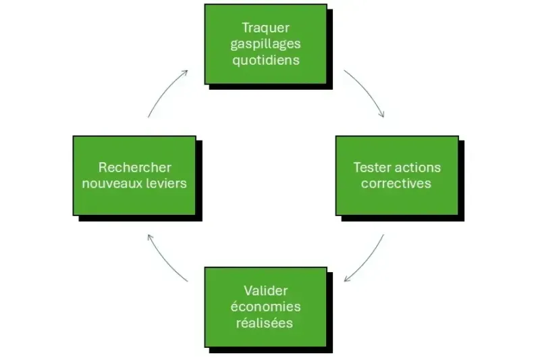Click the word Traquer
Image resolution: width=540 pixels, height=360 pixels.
click(x=265, y=28)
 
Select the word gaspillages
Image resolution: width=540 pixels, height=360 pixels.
click(x=265, y=44)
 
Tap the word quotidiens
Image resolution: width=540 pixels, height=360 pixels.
click(x=265, y=59)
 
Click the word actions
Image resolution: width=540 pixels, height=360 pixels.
click(x=418, y=167)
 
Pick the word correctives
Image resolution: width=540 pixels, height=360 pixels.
click(x=396, y=183)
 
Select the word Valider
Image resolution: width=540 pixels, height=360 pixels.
click(x=265, y=290)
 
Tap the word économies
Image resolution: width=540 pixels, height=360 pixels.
click(x=265, y=307)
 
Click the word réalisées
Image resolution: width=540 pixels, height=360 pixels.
click(x=265, y=323)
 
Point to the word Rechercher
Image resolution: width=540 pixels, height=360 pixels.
click(x=134, y=167)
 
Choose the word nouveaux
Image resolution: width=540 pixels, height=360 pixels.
click(x=110, y=183)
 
